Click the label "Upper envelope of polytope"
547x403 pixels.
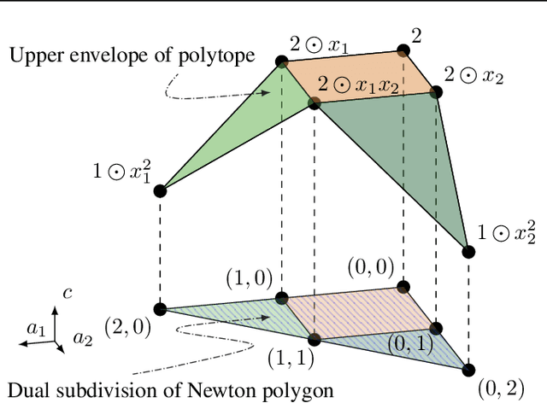(132, 56)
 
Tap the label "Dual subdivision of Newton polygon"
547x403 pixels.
(168, 391)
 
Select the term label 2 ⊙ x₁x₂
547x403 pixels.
(359, 85)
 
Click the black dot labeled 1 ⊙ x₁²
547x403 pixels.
(160, 190)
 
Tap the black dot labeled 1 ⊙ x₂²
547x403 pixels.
(468, 251)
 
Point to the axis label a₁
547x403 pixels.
(35, 327)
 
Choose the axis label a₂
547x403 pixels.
(82, 339)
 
